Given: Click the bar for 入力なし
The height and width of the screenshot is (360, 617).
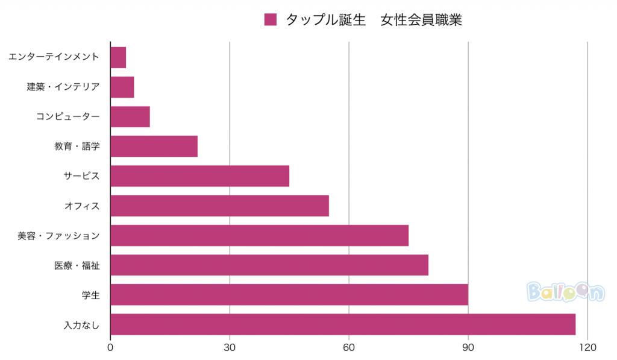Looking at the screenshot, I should coord(343,324).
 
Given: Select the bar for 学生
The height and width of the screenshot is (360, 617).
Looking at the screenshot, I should coord(289,295).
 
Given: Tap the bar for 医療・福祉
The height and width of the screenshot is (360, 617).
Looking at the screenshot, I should coord(269,265).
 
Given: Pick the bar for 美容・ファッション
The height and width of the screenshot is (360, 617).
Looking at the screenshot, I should coord(260,235).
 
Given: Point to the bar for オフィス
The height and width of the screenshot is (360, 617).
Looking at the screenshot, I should coord(220,206).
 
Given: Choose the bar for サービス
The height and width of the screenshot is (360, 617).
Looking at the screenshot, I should coord(200,176).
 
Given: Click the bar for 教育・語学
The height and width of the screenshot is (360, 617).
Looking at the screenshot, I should coord(154,147).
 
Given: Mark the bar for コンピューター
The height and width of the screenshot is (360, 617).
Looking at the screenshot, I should coord(130,116).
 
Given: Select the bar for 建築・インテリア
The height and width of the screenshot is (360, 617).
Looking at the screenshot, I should coord(122,87).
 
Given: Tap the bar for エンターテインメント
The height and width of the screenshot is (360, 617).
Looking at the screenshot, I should coord(118,57).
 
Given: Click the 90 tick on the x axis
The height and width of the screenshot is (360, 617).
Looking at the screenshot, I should coord(468,348).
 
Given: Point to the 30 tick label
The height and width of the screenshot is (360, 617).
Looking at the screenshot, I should coord(230,348).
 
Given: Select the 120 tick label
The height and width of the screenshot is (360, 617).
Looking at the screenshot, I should coord(587,348).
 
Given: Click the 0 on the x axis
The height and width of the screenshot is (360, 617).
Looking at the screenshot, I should coord(110,348).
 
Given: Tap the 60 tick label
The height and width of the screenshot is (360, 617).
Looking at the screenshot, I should coord(349,348).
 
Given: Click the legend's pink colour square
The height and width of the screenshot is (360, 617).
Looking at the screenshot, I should coord(271,20).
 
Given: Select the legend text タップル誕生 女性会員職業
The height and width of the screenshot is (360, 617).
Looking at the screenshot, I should coord(374,20).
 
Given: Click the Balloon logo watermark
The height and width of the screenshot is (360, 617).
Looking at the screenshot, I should coord(565,292).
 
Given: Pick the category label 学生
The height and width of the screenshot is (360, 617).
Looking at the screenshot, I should coord(90,295).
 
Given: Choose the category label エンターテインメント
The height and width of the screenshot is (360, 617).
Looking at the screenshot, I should coord(54,57).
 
